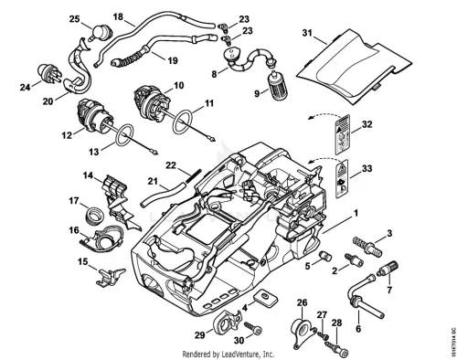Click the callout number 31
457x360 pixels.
pyautogui.click(x=307, y=33)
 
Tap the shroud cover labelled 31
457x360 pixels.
pyautogui.click(x=354, y=67)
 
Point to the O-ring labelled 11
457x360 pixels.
pyautogui.click(x=183, y=122)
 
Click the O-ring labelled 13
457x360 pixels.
pyautogui.click(x=124, y=135)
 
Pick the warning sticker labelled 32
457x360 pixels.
pyautogui.click(x=342, y=134)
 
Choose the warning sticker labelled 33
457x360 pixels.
pyautogui.click(x=342, y=178)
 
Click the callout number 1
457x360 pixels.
pyautogui.click(x=356, y=213)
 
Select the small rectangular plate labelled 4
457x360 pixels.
pyautogui.click(x=265, y=298)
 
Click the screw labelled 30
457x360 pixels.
pyautogui.click(x=253, y=329)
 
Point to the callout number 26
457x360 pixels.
pyautogui.click(x=302, y=302)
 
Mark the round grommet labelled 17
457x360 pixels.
pyautogui.click(x=94, y=215)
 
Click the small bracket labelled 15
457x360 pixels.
pyautogui.click(x=110, y=277)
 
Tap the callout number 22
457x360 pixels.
pyautogui.click(x=171, y=165)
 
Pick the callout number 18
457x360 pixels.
pyautogui.click(x=118, y=16)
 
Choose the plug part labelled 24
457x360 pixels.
pyautogui.click(x=50, y=73)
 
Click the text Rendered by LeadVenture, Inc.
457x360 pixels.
pyautogui.click(x=228, y=355)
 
